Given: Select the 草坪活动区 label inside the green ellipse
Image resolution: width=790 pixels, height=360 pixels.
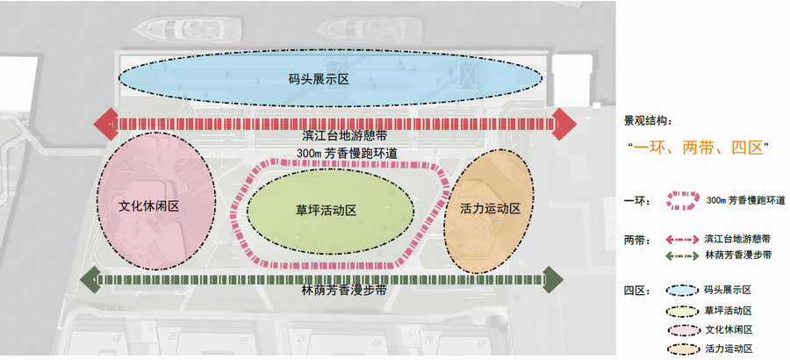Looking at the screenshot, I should tap(326, 211).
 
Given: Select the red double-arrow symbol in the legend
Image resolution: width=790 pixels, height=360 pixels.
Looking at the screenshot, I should tap(681, 238).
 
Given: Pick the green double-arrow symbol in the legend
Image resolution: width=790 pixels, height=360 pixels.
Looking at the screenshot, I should tap(681, 256).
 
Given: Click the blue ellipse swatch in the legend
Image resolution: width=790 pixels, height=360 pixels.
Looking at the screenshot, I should tap(681, 290).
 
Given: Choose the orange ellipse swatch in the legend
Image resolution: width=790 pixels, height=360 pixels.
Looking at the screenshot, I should tap(681, 349).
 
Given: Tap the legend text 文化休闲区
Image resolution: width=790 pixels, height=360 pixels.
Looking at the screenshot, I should tap(728, 329).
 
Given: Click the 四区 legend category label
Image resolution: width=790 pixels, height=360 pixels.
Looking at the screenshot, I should tap(636, 290).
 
